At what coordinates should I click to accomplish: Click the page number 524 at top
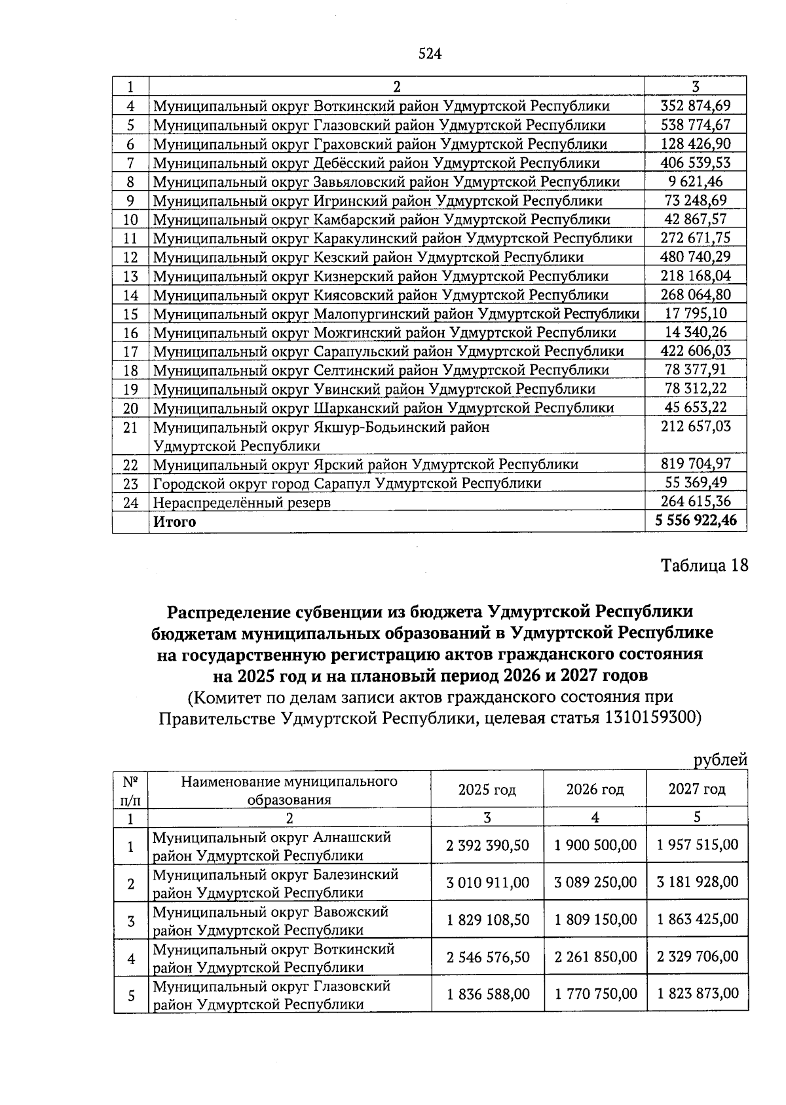click(x=430, y=54)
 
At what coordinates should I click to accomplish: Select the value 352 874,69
click(x=696, y=106)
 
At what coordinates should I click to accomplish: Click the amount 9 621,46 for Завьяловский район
click(x=696, y=182)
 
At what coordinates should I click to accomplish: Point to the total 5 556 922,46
click(x=696, y=521)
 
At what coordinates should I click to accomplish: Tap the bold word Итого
click(x=174, y=522)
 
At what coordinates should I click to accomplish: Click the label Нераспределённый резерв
click(x=242, y=503)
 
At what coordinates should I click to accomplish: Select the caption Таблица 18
click(x=704, y=566)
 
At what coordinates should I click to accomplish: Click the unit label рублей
click(x=720, y=760)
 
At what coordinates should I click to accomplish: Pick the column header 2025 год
click(x=487, y=789)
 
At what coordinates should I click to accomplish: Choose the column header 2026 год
click(x=595, y=789)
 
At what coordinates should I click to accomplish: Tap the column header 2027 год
click(x=697, y=789)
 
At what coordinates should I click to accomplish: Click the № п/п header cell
click(x=130, y=790)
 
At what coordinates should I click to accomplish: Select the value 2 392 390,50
click(x=487, y=845)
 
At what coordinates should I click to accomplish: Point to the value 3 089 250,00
click(x=595, y=882)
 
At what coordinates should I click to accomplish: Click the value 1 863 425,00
click(x=698, y=920)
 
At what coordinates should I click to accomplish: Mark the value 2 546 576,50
click(x=487, y=957)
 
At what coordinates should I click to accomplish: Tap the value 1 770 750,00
click(x=595, y=994)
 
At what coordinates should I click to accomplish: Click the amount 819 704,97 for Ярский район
click(x=696, y=464)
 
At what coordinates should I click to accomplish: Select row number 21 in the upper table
click(x=130, y=428)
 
